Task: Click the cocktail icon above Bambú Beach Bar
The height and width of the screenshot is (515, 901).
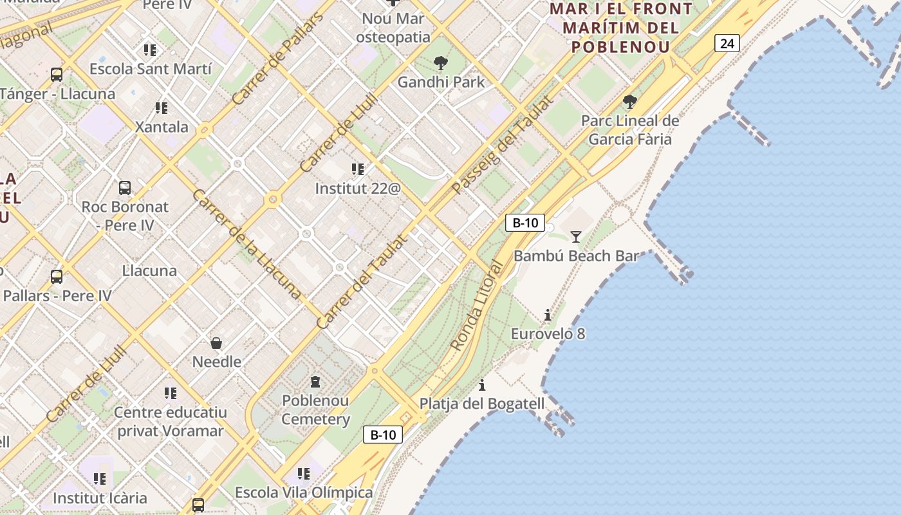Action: [x=576, y=237]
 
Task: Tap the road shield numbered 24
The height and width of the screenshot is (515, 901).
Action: [x=727, y=44]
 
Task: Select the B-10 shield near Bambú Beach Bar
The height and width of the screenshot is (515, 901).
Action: [x=525, y=223]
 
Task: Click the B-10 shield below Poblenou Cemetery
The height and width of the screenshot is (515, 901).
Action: [x=383, y=435]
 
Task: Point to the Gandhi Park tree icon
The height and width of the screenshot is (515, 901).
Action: [x=441, y=63]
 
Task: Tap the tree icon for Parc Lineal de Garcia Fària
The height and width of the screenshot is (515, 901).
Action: [x=630, y=102]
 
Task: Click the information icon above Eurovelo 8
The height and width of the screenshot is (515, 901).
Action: [x=548, y=315]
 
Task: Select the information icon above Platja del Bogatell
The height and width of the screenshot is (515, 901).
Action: [x=482, y=386]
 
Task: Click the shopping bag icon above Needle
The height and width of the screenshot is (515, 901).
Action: [x=217, y=342]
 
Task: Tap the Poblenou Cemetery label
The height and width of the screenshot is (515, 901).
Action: [x=315, y=410]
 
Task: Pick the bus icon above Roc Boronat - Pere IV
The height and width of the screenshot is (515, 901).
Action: [x=125, y=188]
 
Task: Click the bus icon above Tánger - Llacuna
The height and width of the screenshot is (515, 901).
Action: [x=57, y=75]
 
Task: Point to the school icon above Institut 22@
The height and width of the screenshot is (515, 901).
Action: [x=358, y=169]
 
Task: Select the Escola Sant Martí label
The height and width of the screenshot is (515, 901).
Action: [x=150, y=69]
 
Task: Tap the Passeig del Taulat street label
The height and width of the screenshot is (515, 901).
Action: [x=503, y=145]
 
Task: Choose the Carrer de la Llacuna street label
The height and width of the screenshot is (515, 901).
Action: [x=246, y=244]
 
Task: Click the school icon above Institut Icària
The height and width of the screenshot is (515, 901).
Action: [x=100, y=479]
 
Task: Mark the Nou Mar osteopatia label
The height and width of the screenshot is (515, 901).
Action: [x=393, y=28]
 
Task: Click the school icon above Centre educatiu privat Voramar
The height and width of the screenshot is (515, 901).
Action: [x=170, y=393]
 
